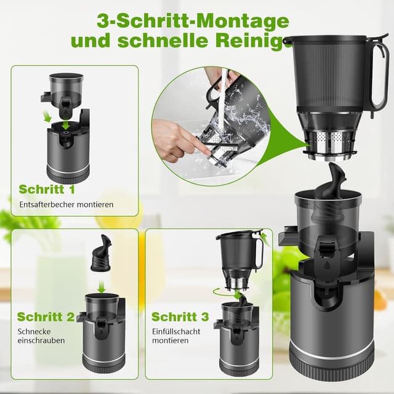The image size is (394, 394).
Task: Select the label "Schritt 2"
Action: (46, 317)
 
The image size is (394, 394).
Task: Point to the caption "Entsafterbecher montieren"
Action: (66, 204)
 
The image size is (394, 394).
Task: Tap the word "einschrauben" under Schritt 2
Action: (41, 340)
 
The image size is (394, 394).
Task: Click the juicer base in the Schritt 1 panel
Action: (68, 154)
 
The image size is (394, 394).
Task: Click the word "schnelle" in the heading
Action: (195, 42)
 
